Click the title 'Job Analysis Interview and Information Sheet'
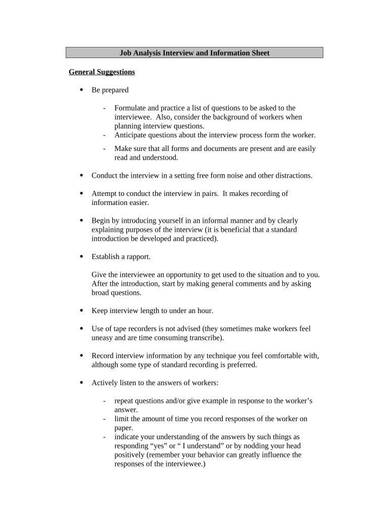pos(194,53)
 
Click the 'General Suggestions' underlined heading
pos(102,72)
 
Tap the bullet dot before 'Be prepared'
pos(82,90)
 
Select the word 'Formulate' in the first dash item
pos(129,108)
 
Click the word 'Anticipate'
pos(131,135)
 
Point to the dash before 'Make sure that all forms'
pos(104,148)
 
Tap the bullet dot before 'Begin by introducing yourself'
pos(82,221)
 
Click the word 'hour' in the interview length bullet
pos(204,311)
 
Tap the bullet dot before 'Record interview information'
pos(82,356)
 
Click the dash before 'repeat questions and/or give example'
pos(104,401)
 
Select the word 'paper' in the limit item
pos(123,428)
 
